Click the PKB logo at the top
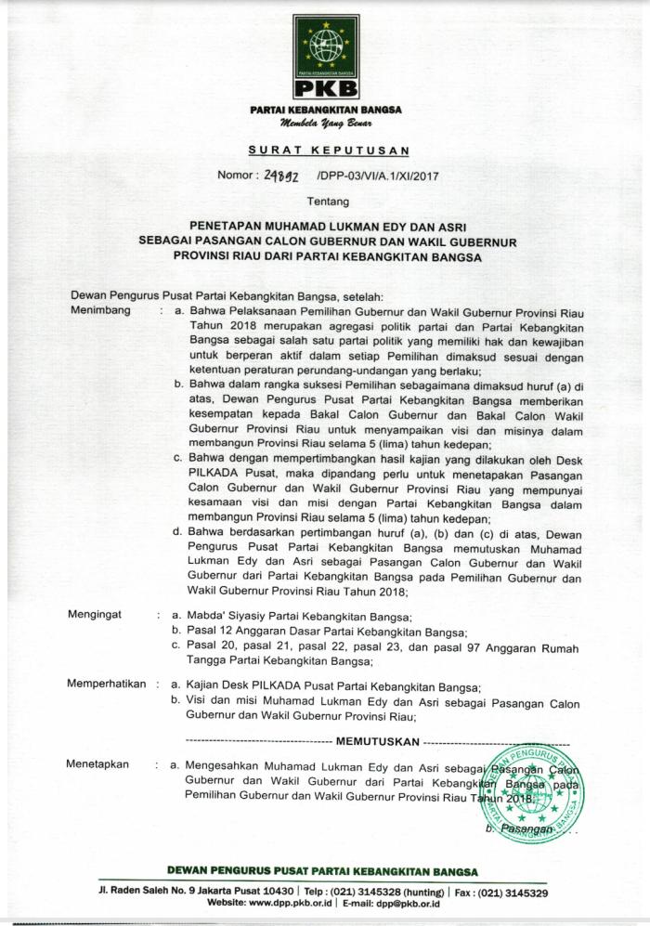tap(326, 57)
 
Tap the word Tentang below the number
tap(325, 200)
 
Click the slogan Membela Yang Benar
tap(326, 123)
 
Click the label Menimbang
tap(100, 309)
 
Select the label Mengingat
tap(97, 615)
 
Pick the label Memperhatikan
tap(106, 684)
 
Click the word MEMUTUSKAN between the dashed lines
tap(377, 741)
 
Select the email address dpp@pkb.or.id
tap(404, 903)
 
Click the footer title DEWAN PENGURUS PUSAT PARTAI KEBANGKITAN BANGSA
tap(322, 871)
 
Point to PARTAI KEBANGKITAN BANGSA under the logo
tap(326, 110)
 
